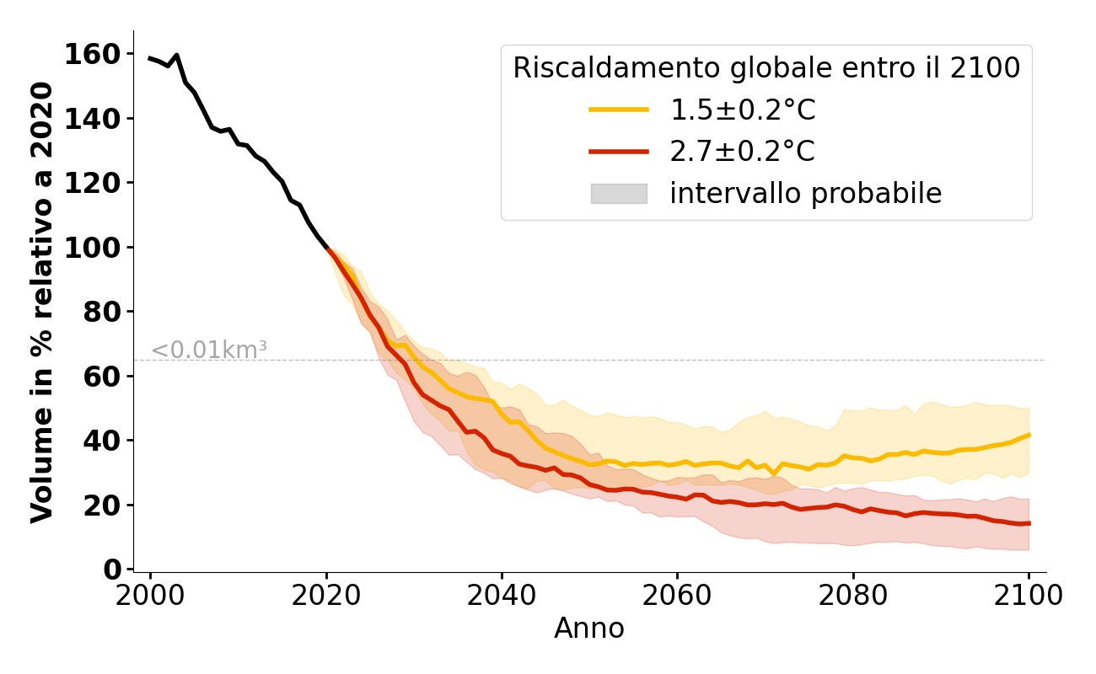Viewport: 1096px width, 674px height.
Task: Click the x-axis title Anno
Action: (x=589, y=629)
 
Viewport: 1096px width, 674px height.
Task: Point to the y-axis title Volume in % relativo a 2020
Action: (x=42, y=302)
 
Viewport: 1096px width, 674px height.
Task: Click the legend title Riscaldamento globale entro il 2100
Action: (x=766, y=68)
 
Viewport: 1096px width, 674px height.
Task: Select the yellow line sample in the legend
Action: (x=619, y=110)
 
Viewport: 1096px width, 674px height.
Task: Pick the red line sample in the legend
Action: (x=619, y=152)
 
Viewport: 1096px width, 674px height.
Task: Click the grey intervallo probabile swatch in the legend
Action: (x=619, y=194)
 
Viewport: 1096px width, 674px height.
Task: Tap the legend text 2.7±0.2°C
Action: (x=742, y=152)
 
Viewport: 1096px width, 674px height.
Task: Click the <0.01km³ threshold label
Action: (x=209, y=350)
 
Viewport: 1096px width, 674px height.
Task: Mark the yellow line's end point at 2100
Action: (x=1029, y=436)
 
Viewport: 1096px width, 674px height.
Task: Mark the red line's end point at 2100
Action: (x=1029, y=523)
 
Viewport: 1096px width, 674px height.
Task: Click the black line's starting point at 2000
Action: (x=150, y=58)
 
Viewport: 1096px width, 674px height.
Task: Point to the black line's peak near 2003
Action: (x=176, y=56)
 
